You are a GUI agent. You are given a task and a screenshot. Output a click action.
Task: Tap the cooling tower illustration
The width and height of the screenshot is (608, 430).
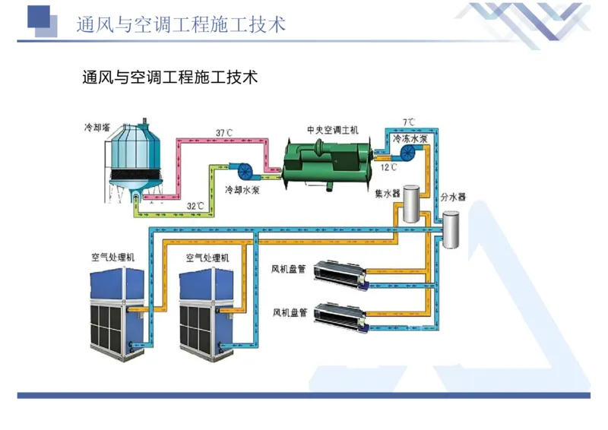[137, 163]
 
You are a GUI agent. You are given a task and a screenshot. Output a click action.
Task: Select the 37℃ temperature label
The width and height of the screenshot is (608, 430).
[224, 133]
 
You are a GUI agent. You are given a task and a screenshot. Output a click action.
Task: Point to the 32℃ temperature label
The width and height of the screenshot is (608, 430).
[195, 205]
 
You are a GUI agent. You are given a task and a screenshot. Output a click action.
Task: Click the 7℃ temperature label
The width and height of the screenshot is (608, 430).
[409, 122]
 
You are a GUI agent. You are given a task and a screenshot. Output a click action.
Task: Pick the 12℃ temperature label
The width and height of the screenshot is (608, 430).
[389, 167]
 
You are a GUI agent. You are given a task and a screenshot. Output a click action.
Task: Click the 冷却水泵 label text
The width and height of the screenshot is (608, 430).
[242, 189]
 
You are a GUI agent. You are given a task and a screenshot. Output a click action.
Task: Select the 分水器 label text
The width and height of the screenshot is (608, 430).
[452, 197]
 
